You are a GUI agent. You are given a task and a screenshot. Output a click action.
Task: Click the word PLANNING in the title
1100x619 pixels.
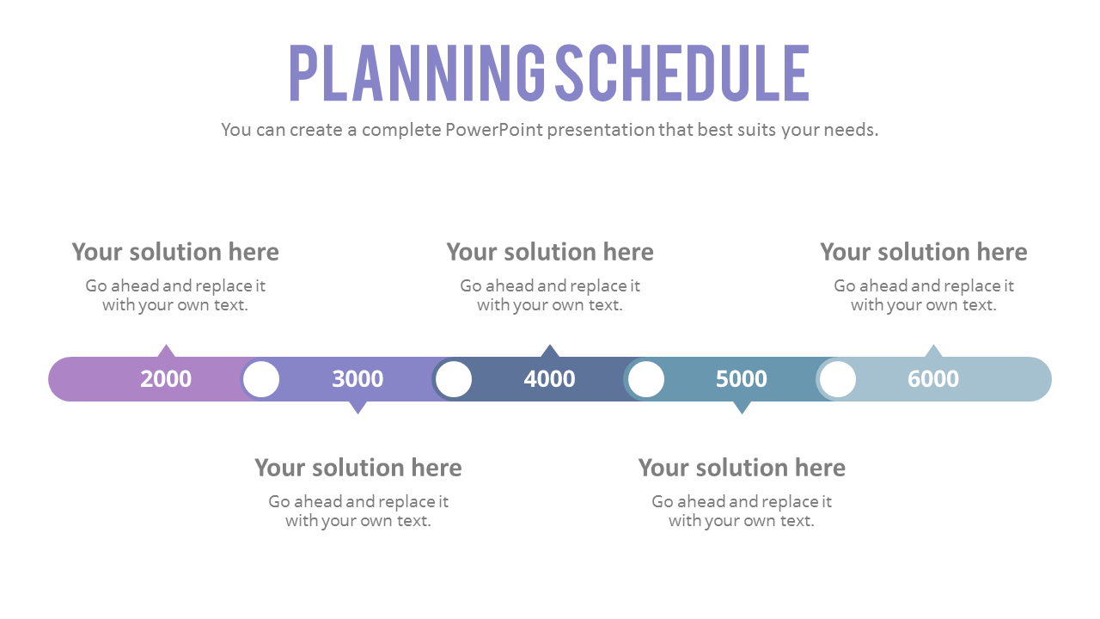(x=417, y=73)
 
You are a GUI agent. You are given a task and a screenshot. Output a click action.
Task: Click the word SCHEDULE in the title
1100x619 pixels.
(x=682, y=73)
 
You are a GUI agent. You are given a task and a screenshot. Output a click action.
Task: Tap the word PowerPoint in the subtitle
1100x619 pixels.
(x=493, y=130)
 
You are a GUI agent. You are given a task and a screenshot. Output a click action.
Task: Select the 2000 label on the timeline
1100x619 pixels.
(x=166, y=379)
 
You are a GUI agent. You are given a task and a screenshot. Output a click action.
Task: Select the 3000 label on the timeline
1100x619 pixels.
(x=357, y=379)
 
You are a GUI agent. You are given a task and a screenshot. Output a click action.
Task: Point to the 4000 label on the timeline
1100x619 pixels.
(x=549, y=379)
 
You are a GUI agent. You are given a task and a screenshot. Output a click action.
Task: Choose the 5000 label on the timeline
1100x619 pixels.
(x=741, y=379)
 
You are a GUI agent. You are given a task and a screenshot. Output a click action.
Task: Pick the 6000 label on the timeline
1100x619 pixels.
(x=933, y=379)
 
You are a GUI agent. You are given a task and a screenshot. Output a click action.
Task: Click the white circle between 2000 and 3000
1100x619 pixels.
(x=261, y=379)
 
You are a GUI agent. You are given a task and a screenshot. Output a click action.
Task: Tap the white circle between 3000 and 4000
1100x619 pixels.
(x=453, y=379)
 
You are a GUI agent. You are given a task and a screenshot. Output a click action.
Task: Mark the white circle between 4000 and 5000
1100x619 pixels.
(x=645, y=379)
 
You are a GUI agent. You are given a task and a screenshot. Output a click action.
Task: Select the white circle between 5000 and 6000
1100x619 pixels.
(x=838, y=379)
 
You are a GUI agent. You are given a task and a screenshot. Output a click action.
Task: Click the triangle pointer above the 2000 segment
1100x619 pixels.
(x=166, y=352)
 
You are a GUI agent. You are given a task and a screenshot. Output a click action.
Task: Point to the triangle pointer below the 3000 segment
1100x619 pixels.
(x=358, y=408)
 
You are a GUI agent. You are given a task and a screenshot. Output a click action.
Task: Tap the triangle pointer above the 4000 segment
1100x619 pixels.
(x=550, y=352)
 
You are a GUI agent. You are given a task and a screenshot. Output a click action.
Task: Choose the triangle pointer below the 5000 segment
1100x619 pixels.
(x=742, y=408)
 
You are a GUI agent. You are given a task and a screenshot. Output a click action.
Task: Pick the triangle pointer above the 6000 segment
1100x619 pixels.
(x=933, y=352)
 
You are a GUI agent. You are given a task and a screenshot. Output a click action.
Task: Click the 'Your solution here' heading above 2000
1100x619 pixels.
(x=175, y=252)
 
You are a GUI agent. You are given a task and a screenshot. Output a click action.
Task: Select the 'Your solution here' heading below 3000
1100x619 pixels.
(x=358, y=468)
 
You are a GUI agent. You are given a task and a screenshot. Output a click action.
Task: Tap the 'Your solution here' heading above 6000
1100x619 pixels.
(x=924, y=252)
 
